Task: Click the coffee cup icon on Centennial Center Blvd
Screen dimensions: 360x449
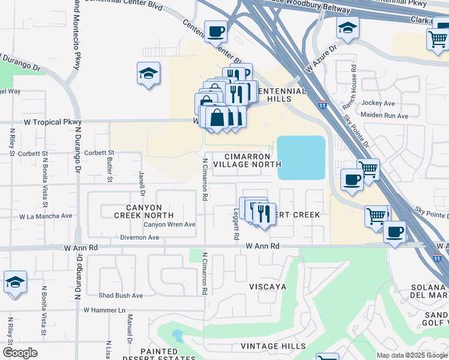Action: click(215, 31)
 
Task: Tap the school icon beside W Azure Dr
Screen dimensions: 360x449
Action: click(348, 27)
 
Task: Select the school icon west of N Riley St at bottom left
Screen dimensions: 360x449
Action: click(15, 281)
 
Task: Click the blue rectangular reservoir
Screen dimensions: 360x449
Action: click(301, 157)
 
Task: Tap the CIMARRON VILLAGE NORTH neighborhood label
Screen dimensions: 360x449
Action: click(247, 160)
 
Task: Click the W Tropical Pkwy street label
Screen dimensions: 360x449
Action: click(52, 122)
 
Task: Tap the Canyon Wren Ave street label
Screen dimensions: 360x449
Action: click(169, 224)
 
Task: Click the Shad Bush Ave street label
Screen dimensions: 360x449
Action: click(121, 295)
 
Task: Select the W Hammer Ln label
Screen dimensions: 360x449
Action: click(104, 310)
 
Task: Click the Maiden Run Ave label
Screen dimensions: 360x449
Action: click(384, 115)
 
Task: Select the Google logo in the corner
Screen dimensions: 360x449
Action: click(20, 353)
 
